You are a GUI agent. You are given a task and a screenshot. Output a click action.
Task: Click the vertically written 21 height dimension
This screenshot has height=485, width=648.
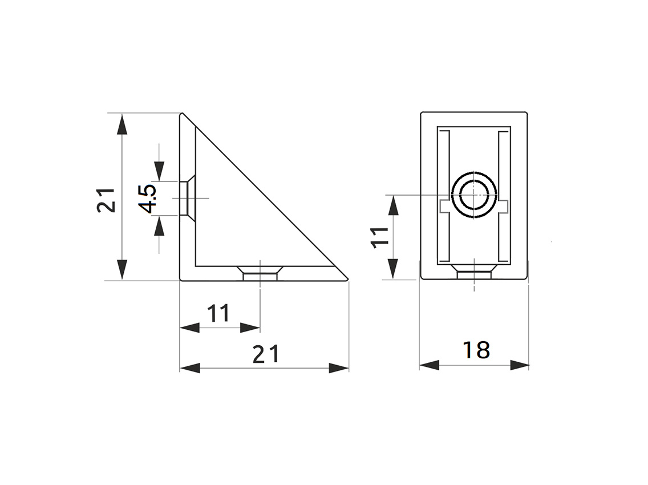tap(106, 200)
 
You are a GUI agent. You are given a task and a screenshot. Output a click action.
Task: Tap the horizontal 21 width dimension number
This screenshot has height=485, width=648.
tap(266, 354)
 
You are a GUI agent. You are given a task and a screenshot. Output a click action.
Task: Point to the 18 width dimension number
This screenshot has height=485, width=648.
tap(476, 350)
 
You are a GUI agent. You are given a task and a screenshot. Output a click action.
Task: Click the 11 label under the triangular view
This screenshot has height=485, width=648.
tap(218, 313)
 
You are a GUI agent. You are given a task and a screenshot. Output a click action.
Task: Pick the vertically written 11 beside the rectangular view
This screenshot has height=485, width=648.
tap(379, 236)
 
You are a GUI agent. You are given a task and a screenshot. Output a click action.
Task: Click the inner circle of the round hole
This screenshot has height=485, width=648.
tap(473, 195)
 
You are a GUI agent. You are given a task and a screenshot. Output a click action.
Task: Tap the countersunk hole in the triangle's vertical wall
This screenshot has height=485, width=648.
tap(188, 198)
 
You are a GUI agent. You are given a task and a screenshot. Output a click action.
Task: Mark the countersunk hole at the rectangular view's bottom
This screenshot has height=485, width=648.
tap(473, 272)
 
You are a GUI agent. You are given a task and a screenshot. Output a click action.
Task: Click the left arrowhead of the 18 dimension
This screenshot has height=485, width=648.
tap(429, 365)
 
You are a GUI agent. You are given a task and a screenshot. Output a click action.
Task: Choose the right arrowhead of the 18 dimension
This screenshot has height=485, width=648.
tap(519, 365)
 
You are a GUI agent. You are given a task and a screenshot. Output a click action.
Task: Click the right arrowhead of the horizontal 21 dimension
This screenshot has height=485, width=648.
tap(339, 368)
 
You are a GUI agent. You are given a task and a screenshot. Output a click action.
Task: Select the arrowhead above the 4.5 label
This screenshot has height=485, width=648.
tap(159, 171)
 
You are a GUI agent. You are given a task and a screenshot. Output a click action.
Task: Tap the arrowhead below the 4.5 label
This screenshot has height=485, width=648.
tap(159, 227)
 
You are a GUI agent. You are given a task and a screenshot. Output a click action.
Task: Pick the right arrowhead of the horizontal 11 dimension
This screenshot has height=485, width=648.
tap(250, 328)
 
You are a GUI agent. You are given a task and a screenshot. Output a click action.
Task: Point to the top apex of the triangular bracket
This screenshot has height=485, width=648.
tap(183, 114)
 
